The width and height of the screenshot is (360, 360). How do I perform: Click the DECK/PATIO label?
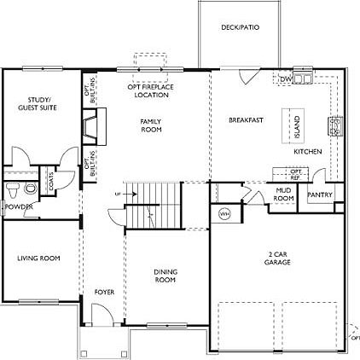240,27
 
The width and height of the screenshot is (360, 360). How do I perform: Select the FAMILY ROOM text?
150,125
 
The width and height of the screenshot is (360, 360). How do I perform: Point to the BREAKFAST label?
245,120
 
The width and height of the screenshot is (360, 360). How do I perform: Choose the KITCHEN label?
307,151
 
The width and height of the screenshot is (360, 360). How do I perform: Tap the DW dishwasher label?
287,79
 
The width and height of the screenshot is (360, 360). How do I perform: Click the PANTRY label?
320,195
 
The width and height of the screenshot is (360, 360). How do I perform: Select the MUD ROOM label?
283,195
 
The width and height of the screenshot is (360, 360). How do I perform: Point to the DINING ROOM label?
165,276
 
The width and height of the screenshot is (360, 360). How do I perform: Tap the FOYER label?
104,293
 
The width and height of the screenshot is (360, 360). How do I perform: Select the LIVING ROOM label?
38,258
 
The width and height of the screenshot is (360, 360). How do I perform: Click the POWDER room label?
18,206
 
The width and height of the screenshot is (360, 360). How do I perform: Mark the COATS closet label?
53,181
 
